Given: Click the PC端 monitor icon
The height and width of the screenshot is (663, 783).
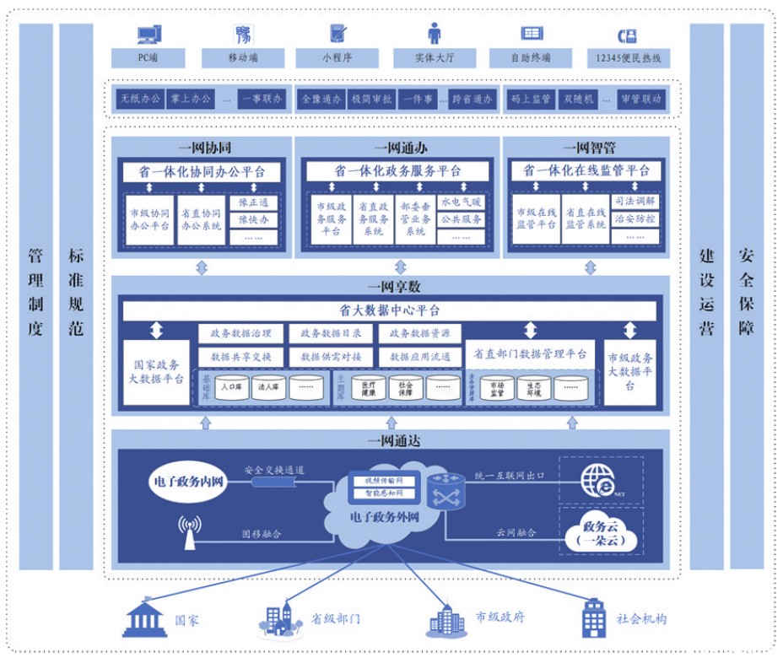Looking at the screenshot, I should pyautogui.click(x=148, y=35).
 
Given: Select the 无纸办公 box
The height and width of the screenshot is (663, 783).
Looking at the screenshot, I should pyautogui.click(x=139, y=99).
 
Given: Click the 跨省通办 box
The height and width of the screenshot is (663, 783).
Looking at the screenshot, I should pyautogui.click(x=471, y=99).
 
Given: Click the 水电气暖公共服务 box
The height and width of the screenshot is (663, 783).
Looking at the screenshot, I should pyautogui.click(x=462, y=211).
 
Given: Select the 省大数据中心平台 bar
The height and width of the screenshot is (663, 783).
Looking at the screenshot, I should pyautogui.click(x=389, y=310).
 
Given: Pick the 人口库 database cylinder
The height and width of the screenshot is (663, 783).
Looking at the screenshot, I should pyautogui.click(x=230, y=389).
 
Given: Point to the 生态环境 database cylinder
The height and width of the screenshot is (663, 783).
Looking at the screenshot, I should pyautogui.click(x=540, y=387).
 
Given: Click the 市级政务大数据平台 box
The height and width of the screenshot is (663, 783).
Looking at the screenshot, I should pyautogui.click(x=630, y=372).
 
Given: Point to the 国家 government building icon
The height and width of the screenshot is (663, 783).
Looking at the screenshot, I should pyautogui.click(x=144, y=617).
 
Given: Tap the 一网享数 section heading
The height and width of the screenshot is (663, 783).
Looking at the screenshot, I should pyautogui.click(x=389, y=287).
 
